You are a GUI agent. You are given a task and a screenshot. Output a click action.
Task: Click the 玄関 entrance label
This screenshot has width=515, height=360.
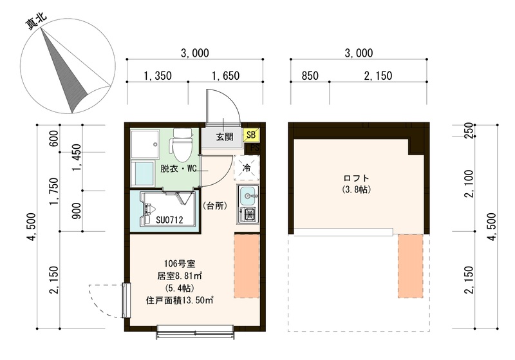pos(224,137)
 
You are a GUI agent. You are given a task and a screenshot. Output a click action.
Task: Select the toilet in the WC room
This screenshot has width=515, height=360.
pos(183,146)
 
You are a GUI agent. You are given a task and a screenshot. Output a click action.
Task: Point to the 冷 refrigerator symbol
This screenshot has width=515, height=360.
pos(247,168)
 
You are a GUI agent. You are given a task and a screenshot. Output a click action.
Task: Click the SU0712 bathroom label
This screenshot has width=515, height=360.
pos(169,220)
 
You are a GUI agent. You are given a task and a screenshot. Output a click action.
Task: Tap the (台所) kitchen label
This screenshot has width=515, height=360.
pos(213,206)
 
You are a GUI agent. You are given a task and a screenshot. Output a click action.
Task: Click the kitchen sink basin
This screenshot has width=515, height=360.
pos(248,193)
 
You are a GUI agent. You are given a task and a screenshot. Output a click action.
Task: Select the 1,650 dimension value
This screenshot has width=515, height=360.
pos(225,75)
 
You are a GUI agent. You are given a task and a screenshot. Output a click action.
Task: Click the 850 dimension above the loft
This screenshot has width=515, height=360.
pos(310,75)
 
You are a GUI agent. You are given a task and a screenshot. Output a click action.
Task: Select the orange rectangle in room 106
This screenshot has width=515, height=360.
pos(247,266)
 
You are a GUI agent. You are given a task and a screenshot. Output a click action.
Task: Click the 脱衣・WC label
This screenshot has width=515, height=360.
pos(179,169)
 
